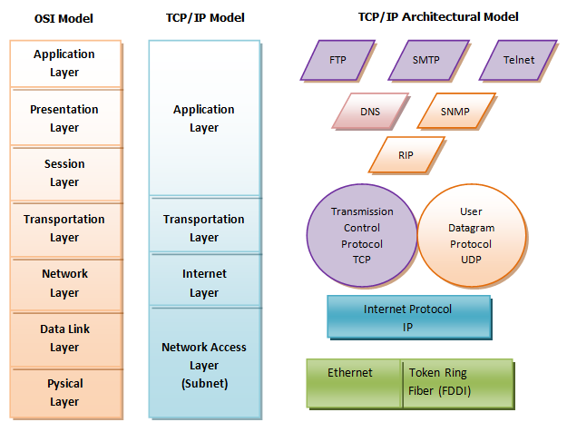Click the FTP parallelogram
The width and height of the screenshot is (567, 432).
coord(337,61)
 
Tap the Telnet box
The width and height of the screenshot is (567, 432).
coord(518,61)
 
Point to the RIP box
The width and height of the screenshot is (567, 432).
coord(406,154)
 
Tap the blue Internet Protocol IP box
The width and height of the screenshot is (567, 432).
coord(408,318)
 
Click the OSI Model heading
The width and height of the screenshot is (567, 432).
coord(64,17)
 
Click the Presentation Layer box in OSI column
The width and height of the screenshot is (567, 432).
coord(64,119)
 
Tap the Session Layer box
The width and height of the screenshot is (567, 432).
coord(64,173)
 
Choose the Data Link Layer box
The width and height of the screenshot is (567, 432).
coord(64,339)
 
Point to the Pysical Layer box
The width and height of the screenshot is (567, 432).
coord(64,393)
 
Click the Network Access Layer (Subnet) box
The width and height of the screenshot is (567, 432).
coord(204,365)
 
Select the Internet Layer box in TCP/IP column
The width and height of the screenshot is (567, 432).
coord(204,283)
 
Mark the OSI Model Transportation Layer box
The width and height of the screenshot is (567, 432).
coord(64,229)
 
